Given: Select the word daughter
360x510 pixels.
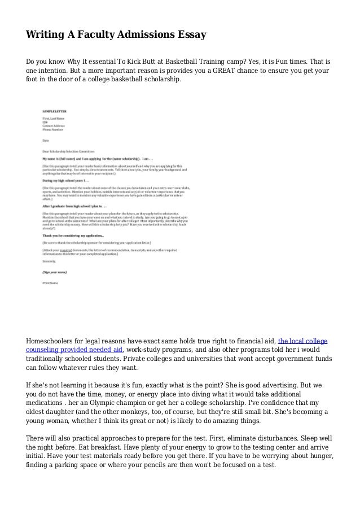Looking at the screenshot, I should (x=67, y=411).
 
